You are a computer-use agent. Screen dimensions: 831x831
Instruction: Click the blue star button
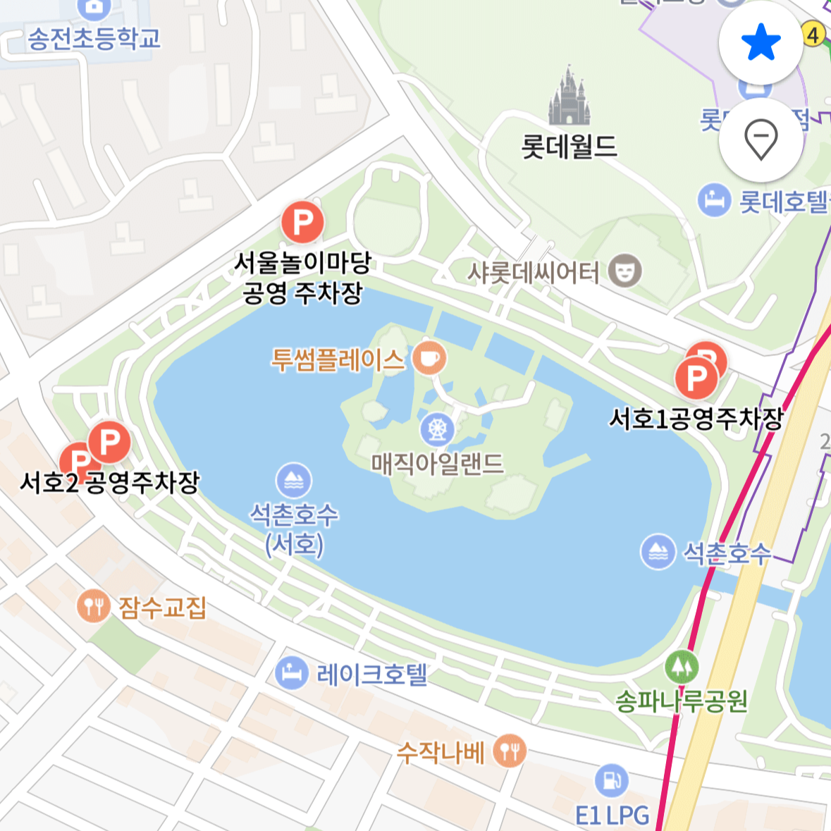click(x=761, y=43)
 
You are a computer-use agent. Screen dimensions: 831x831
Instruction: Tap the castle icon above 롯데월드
click(x=569, y=97)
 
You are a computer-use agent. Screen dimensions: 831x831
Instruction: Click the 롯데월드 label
click(x=569, y=147)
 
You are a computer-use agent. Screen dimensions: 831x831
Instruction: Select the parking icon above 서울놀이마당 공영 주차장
click(x=302, y=223)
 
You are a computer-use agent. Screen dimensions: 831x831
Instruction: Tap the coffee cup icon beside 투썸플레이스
click(x=429, y=358)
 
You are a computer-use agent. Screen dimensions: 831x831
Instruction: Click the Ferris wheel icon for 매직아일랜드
click(x=437, y=429)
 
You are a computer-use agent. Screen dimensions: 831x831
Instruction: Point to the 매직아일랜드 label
click(x=437, y=464)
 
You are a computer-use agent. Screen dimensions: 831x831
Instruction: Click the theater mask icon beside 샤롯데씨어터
click(x=624, y=271)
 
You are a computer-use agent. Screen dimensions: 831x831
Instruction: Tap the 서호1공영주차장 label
click(x=696, y=419)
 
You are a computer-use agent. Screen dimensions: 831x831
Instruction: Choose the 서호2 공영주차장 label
click(x=110, y=483)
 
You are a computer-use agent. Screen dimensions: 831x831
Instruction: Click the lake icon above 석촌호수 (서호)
click(x=293, y=481)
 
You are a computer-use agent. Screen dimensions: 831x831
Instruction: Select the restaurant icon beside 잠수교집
click(x=93, y=605)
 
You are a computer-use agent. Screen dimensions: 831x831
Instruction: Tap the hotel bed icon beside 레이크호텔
click(x=292, y=673)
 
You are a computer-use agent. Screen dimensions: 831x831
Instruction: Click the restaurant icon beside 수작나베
click(x=509, y=751)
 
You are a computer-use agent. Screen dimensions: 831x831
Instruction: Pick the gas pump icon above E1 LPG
click(x=611, y=781)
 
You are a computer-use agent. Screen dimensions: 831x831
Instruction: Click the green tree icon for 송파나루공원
click(x=681, y=666)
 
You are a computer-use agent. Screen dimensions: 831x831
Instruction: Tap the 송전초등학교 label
click(x=94, y=38)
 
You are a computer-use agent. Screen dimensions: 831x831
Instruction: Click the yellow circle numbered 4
click(x=813, y=34)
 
